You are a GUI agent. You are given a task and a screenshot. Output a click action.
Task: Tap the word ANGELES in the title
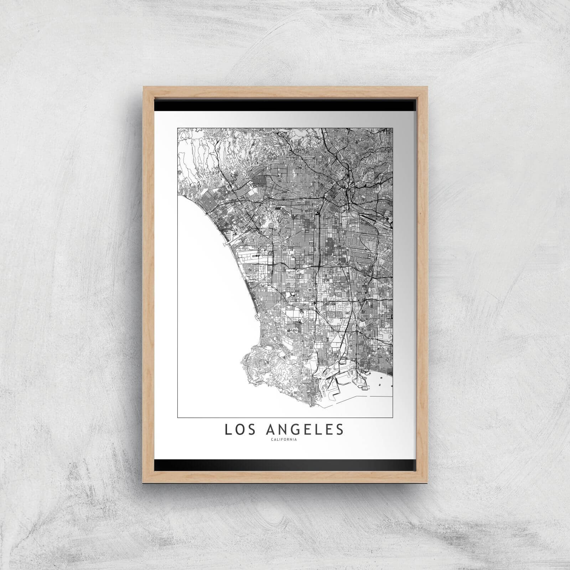pyautogui.click(x=305, y=429)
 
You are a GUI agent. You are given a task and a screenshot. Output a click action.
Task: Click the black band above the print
pyautogui.click(x=285, y=105)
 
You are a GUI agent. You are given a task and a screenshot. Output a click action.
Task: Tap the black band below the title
pyautogui.click(x=285, y=464)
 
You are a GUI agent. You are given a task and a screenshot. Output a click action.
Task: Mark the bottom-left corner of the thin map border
pyautogui.click(x=177, y=417)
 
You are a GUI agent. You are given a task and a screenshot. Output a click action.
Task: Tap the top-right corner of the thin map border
pyautogui.click(x=393, y=128)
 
